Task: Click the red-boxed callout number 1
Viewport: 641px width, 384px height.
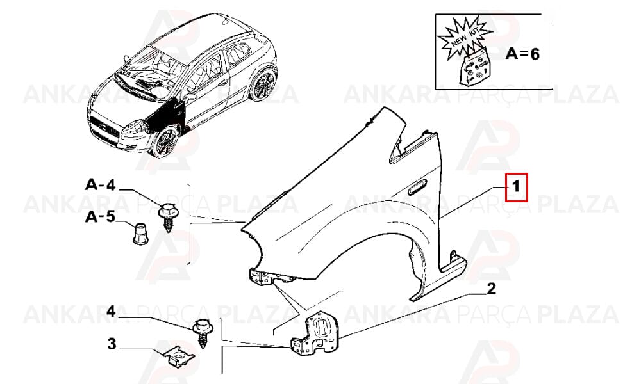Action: coord(516,188)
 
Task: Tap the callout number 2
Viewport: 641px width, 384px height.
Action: coord(491,289)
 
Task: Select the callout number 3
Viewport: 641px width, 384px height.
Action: coord(112,344)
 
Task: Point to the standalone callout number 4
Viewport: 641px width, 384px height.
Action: coord(111,312)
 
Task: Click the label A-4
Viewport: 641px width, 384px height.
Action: coord(100,185)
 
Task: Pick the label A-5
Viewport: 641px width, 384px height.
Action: coord(100,217)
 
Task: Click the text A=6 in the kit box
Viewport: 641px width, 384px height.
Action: coord(522,54)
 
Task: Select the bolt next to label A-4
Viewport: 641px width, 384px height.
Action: coord(167,216)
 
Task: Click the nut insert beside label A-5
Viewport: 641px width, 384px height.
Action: coord(140,234)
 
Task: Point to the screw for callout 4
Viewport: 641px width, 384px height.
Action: coord(201,333)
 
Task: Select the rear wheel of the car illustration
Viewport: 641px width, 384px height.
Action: coord(263,85)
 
